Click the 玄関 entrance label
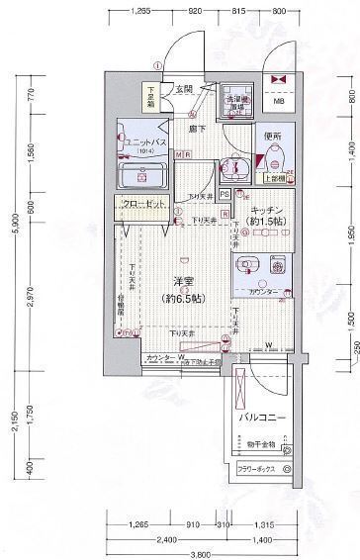coord(185,88)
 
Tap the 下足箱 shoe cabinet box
coord(151,95)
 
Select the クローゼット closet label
coord(143,204)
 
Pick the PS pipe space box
coord(225,194)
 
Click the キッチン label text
coord(267,211)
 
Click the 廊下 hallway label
coord(190,130)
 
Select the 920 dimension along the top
coord(197,11)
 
